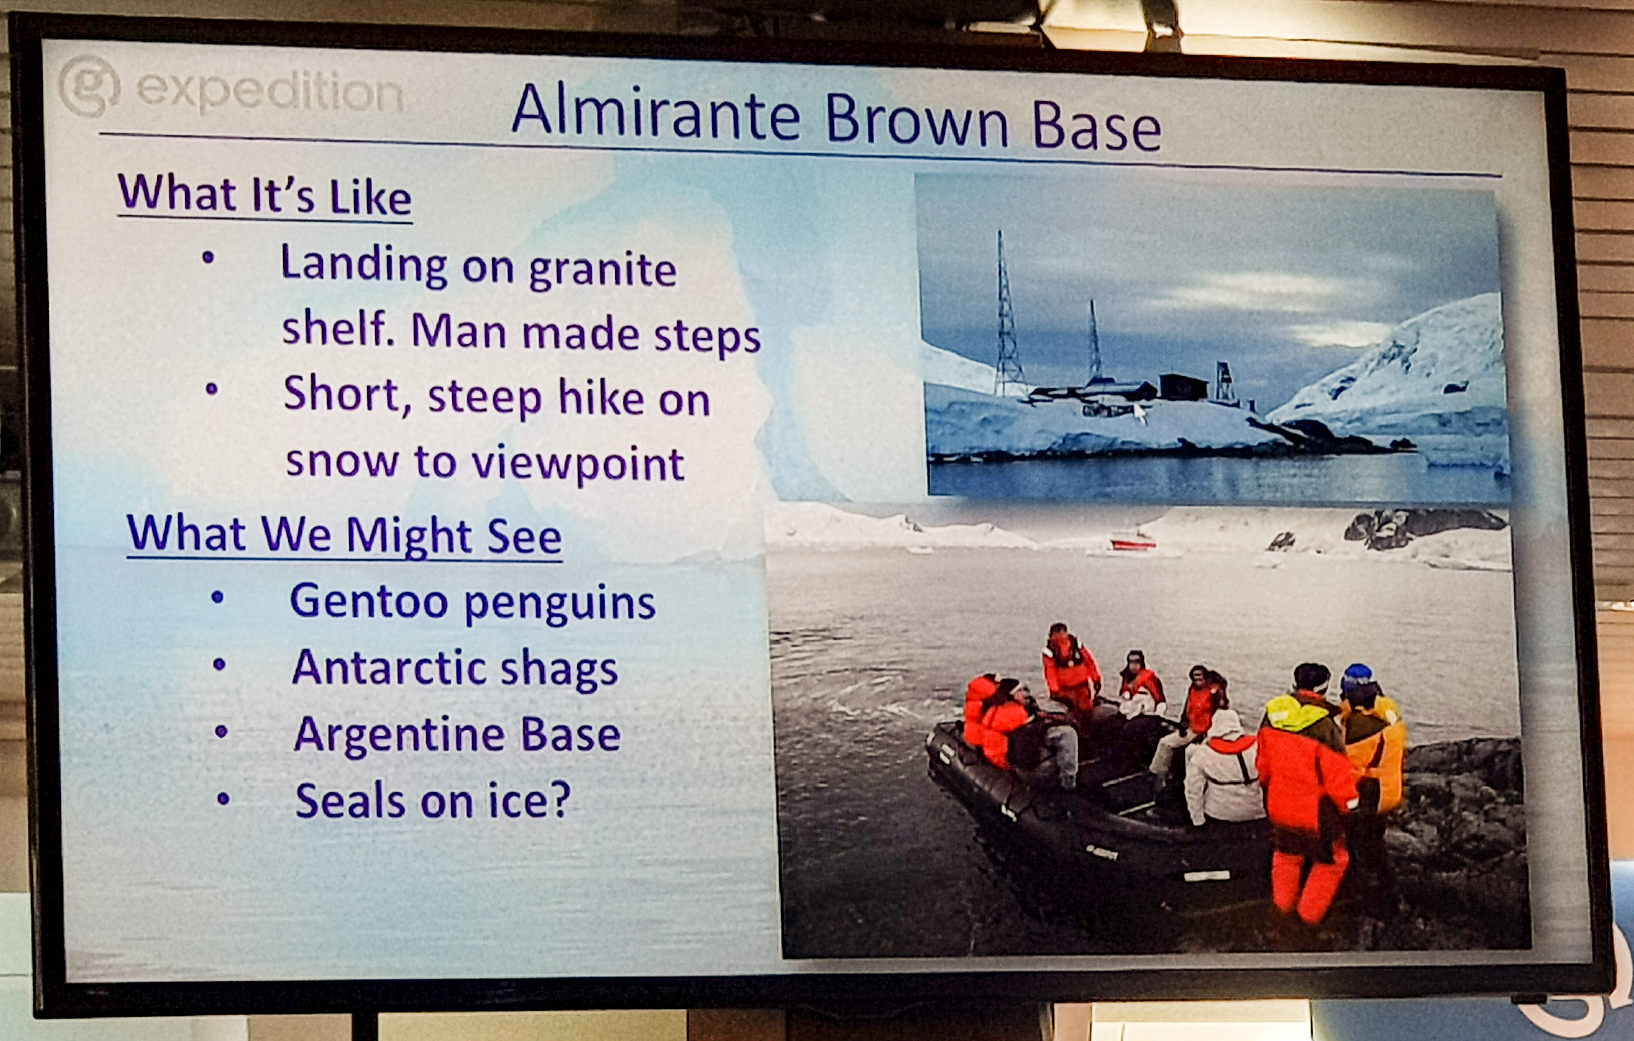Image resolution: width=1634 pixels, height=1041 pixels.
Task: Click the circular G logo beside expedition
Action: tap(89, 86)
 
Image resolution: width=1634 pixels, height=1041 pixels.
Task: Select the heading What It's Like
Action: tap(264, 195)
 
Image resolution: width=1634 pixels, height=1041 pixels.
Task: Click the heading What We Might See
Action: tap(345, 535)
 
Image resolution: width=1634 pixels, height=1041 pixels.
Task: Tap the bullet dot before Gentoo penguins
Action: tap(218, 598)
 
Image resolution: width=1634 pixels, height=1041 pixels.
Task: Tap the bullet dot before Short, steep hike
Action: tap(212, 389)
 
